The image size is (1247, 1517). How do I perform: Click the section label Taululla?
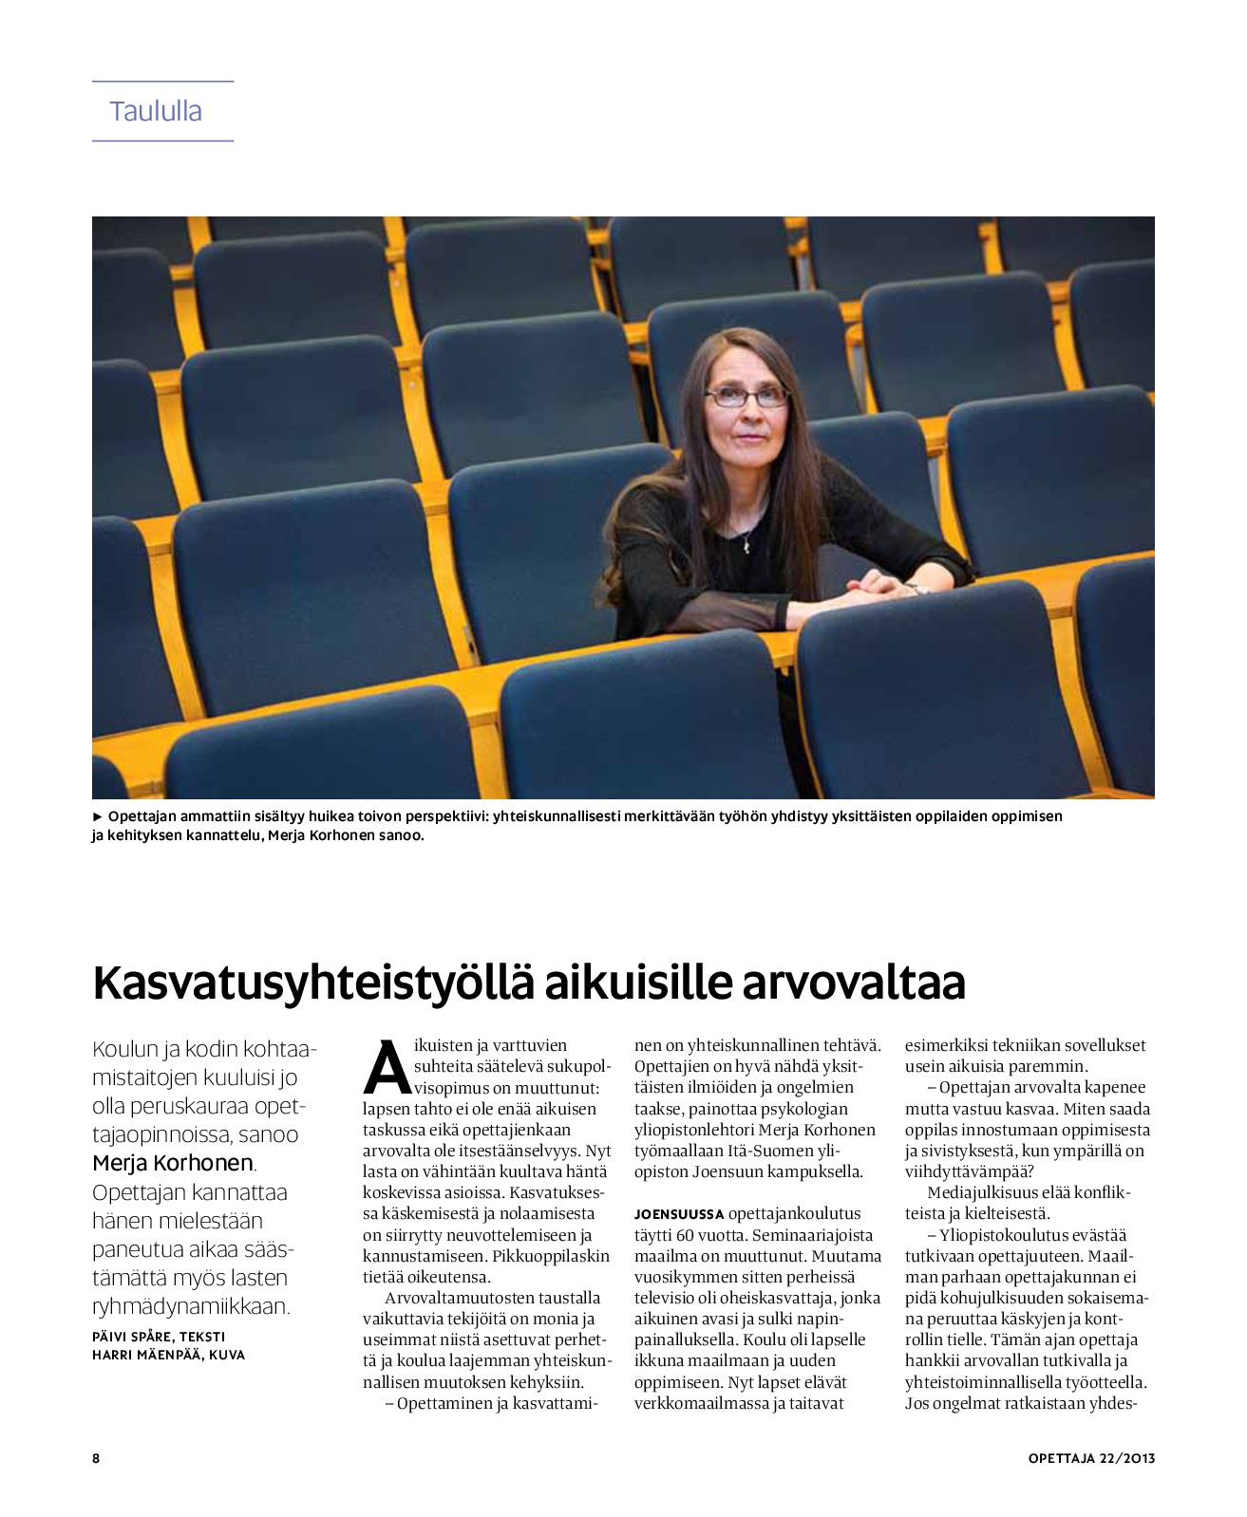pyautogui.click(x=156, y=111)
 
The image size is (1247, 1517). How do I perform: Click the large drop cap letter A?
pyautogui.click(x=387, y=1068)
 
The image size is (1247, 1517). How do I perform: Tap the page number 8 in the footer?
pyautogui.click(x=96, y=1458)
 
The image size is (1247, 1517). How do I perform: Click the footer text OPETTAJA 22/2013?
pyautogui.click(x=1090, y=1458)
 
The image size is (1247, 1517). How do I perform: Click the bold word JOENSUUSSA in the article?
pyautogui.click(x=679, y=1214)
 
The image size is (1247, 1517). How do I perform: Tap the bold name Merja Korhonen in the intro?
pyautogui.click(x=173, y=1163)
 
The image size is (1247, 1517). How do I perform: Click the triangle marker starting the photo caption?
pyautogui.click(x=97, y=816)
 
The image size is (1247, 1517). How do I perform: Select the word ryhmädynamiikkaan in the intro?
pyautogui.click(x=190, y=1306)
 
